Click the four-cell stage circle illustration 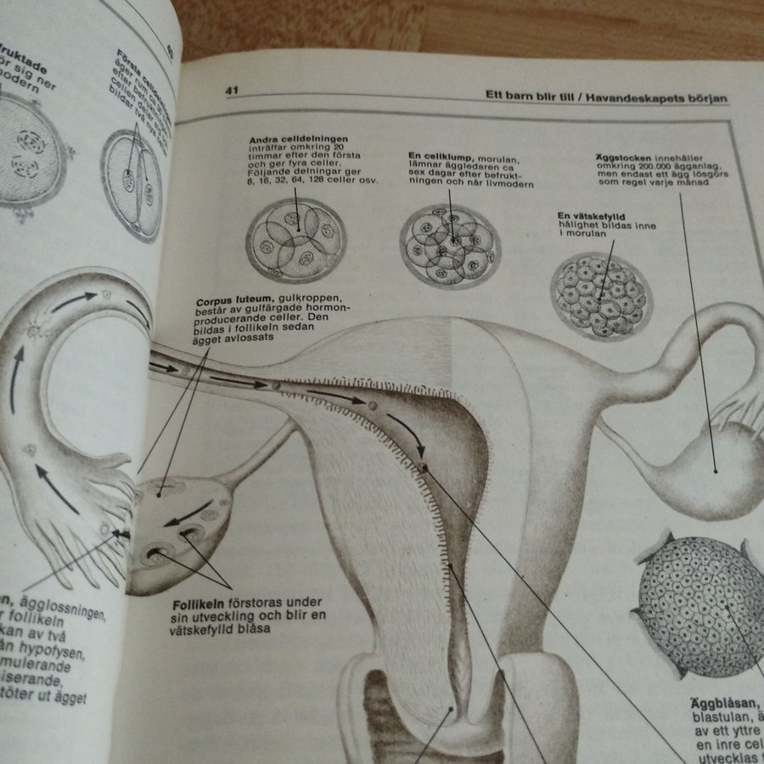click(x=296, y=239)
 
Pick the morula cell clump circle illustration click(x=450, y=245)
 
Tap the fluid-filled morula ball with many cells click(x=601, y=296)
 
